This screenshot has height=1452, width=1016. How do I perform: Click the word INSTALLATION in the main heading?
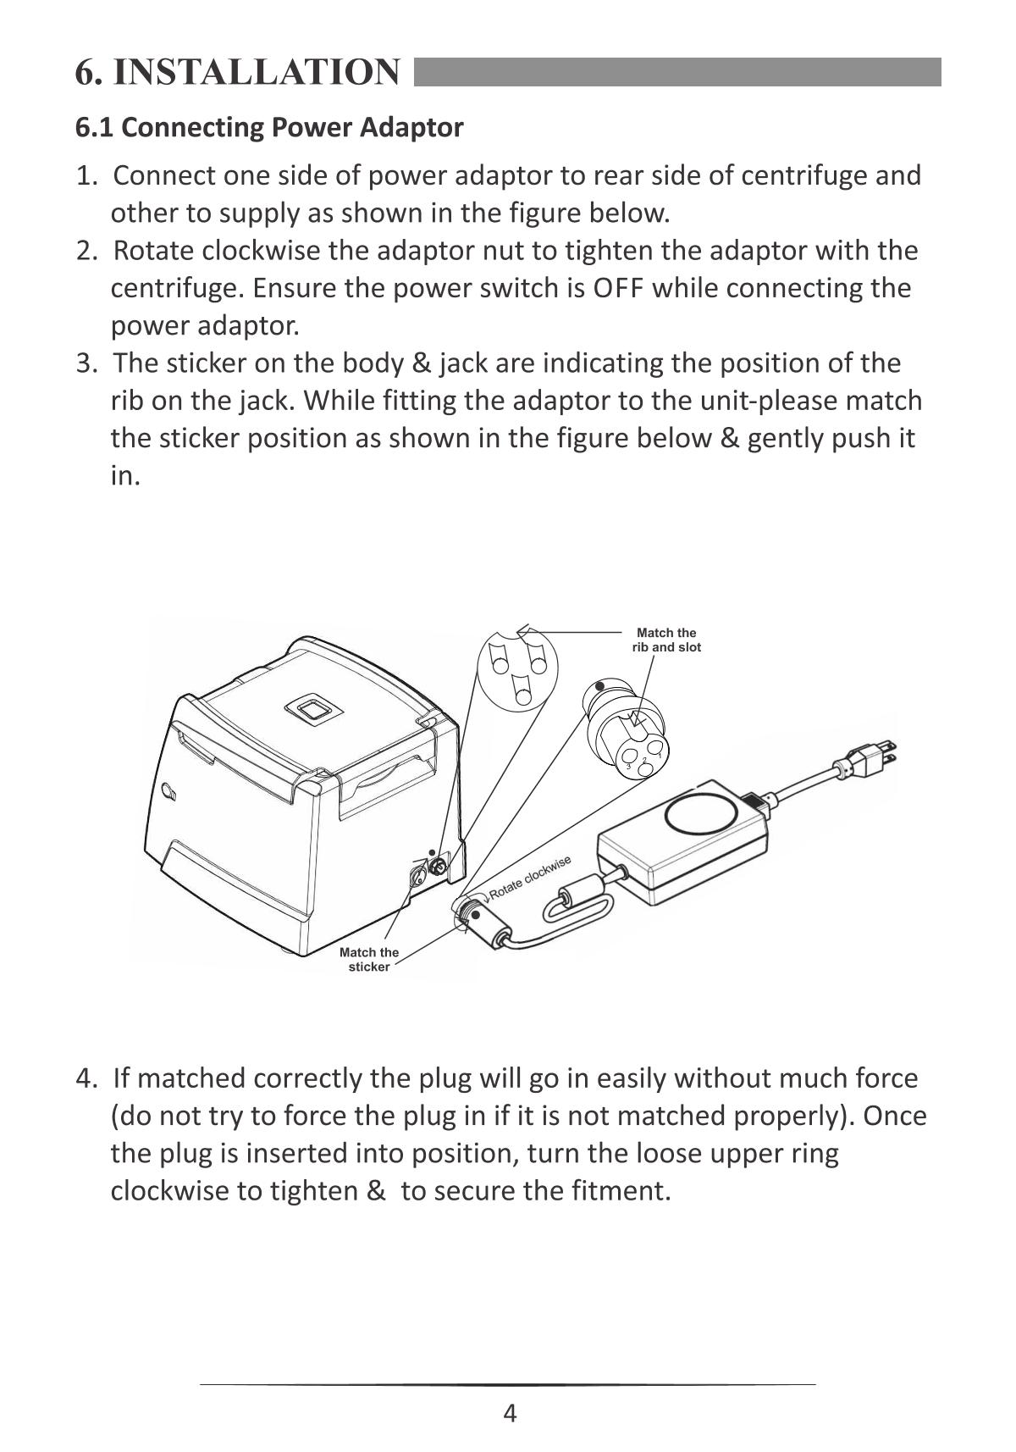click(257, 72)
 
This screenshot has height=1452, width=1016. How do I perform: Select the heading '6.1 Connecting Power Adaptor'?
click(269, 128)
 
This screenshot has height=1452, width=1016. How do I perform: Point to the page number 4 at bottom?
click(510, 1413)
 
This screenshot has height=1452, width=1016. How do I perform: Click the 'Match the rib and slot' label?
click(666, 640)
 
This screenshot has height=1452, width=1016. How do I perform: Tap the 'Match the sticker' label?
click(368, 959)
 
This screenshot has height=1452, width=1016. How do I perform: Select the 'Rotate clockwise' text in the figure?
click(530, 878)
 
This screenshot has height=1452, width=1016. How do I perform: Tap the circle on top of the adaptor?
click(702, 816)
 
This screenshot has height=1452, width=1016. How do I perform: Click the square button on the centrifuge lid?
click(316, 708)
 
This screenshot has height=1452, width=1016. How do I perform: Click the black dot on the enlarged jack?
click(600, 685)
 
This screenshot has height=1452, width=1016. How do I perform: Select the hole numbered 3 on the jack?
click(630, 757)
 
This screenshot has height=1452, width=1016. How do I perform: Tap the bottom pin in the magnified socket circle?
click(523, 690)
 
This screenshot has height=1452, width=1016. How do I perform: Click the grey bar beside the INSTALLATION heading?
click(678, 72)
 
